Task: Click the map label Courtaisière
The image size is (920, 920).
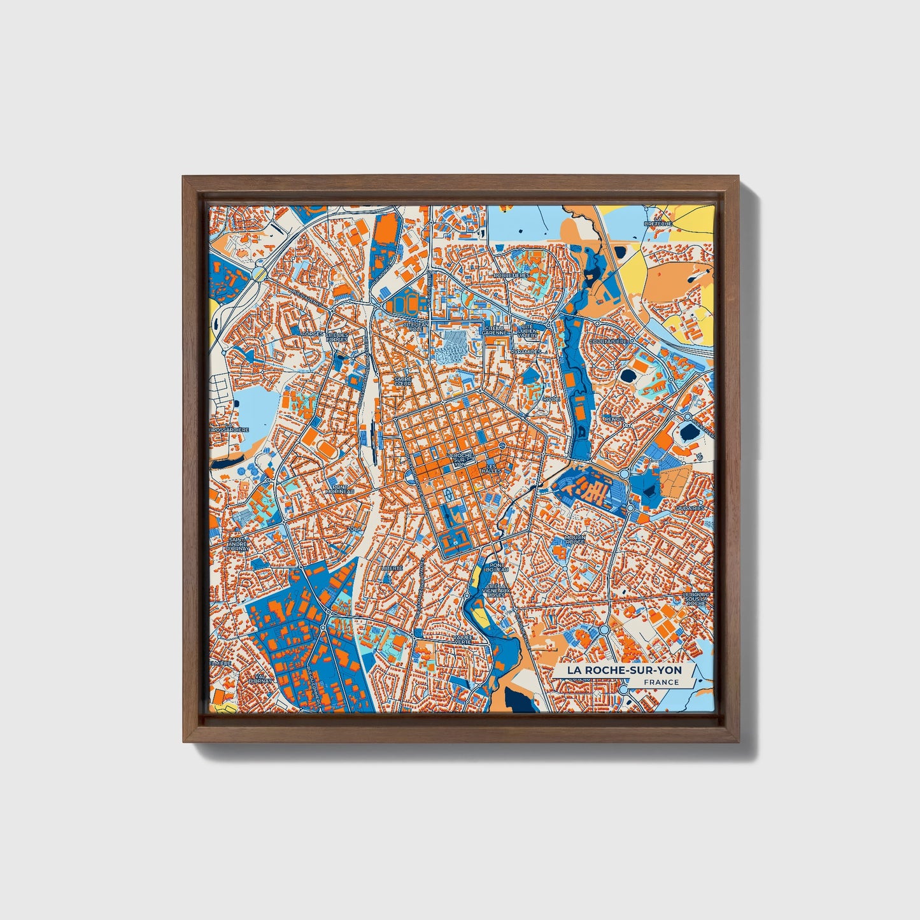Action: [608, 341]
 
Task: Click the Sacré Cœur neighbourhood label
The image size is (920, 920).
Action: [402, 381]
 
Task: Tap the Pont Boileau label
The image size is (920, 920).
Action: [495, 567]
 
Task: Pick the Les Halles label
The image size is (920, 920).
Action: [492, 468]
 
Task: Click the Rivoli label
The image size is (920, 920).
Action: [551, 399]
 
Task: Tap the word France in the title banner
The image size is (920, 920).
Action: [660, 683]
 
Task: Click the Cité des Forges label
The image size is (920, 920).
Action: [337, 337]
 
